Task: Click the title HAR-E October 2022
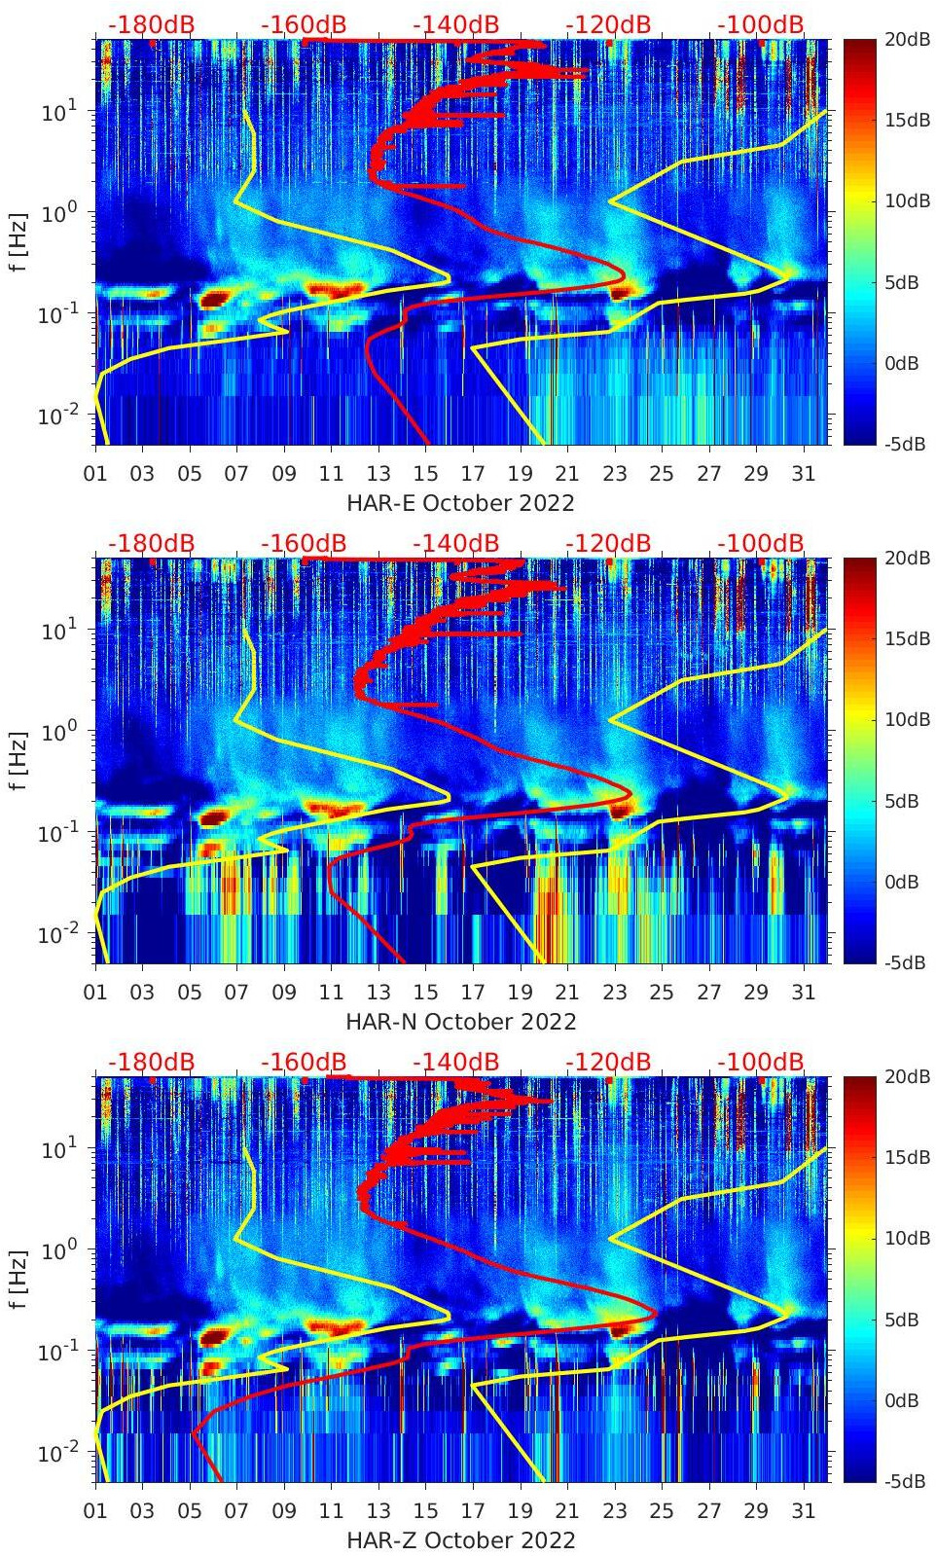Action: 460,503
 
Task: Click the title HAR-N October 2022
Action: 460,1022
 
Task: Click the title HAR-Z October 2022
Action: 460,1540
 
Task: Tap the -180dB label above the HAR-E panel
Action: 151,24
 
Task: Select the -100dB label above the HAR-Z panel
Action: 761,1062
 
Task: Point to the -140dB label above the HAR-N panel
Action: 455,543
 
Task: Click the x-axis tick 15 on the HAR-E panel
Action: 425,474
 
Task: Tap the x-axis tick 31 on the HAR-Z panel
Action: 803,1511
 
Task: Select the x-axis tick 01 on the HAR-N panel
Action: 95,993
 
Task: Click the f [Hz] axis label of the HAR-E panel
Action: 19,242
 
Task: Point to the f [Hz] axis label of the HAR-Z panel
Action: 19,1280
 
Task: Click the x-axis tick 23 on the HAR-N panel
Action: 614,993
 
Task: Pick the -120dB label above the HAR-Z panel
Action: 608,1062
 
